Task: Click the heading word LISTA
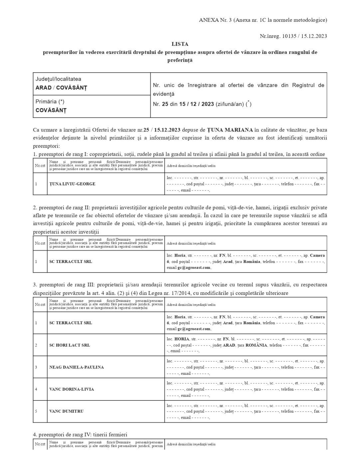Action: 180,44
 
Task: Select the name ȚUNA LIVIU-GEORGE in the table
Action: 72,184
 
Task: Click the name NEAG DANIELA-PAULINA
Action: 77,367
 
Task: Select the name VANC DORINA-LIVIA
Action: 72,389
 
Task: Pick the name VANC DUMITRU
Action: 67,411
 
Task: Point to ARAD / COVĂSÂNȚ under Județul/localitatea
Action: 61,88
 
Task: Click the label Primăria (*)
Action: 50,102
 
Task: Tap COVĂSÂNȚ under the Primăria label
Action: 51,110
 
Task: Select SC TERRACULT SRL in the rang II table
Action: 71,262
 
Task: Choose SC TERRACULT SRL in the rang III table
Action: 71,323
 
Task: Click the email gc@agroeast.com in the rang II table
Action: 194,268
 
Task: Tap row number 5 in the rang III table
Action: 36,411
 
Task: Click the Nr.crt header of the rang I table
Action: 40,165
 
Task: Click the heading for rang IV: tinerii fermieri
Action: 80,435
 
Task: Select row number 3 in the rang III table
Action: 36,367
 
